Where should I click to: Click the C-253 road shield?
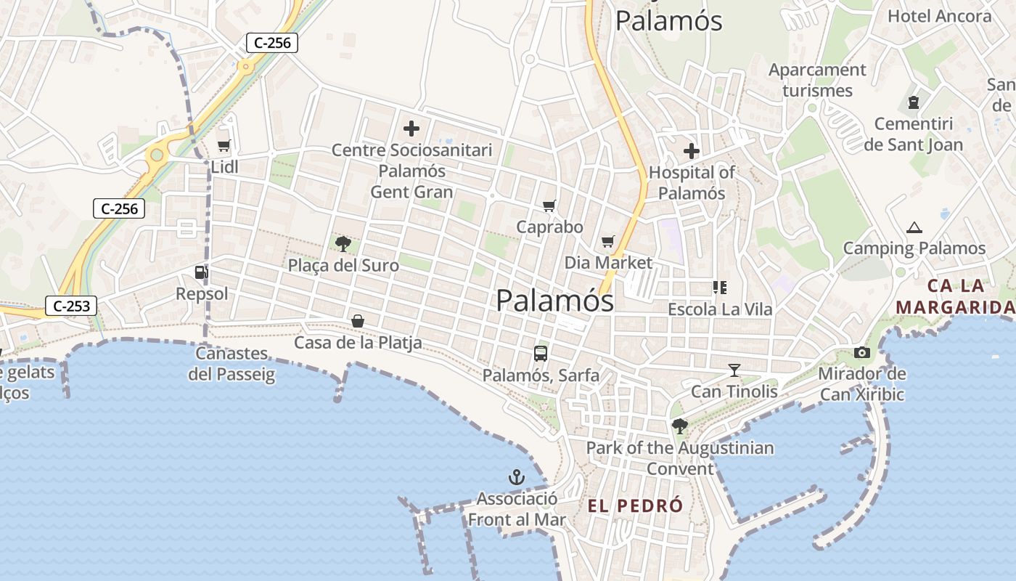coord(72,306)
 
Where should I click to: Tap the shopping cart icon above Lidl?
coord(224,145)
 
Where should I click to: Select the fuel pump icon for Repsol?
coord(201,272)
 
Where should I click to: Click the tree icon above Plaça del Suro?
coord(343,244)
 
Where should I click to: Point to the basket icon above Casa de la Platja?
coord(358,320)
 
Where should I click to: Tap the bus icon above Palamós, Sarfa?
coord(541,354)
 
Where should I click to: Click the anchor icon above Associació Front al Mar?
coord(516,477)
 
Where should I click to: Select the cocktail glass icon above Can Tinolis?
coord(734,370)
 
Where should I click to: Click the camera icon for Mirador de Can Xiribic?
coord(862,353)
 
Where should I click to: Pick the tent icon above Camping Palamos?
coord(914,228)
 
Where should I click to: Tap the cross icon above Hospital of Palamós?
coord(692,151)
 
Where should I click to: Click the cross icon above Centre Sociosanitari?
coord(411,129)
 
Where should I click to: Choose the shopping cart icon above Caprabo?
coord(549,206)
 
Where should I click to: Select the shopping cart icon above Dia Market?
coord(608,242)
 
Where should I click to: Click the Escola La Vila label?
coord(721,309)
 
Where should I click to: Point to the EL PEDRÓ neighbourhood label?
coord(635,505)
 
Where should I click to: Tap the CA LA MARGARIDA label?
coord(955,296)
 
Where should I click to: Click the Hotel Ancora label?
coord(939,16)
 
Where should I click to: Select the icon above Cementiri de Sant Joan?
coord(913,102)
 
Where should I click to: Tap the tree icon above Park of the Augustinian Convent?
coord(680,426)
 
